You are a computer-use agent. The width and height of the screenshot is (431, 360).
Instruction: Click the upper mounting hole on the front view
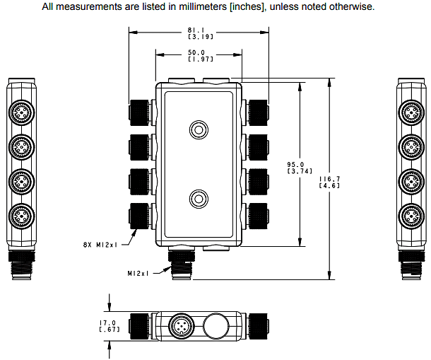[197, 129]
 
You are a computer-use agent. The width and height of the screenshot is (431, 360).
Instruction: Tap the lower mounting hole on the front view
[197, 198]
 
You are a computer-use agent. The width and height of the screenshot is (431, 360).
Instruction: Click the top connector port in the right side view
[411, 112]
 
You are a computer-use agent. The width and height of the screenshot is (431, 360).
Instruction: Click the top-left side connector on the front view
[139, 112]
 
